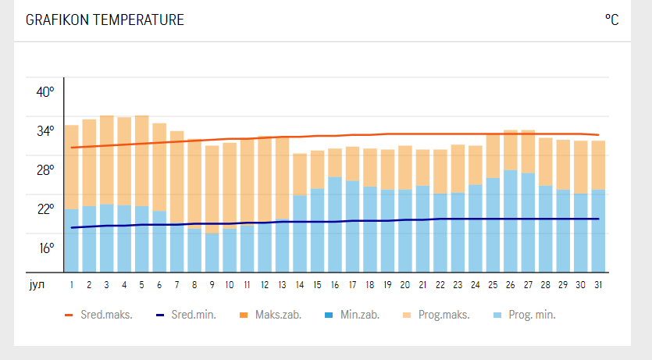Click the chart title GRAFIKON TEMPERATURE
coord(105,20)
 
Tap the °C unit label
coord(611,20)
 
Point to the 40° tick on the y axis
coord(45,91)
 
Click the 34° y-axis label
coord(45,130)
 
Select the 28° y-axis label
coord(45,169)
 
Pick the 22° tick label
coord(45,209)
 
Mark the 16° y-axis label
coord(45,248)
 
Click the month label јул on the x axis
coord(36,284)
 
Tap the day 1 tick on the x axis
coord(72,285)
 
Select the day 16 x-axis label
coord(335,285)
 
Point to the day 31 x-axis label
coord(598,285)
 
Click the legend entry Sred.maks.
coord(99,315)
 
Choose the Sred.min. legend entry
coord(187,315)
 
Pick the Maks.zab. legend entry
coord(271,315)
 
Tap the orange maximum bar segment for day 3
coord(107,159)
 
